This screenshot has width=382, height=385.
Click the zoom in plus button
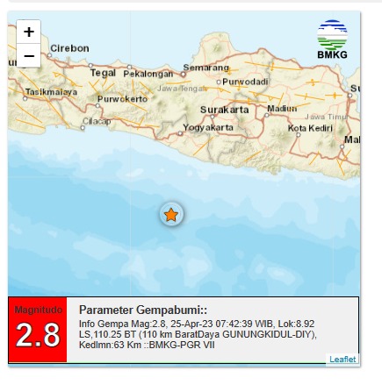[29, 32]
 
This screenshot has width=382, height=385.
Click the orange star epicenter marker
[171, 215]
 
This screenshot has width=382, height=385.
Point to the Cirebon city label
[69, 48]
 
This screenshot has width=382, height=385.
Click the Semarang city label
[206, 68]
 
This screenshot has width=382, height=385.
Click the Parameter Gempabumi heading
[143, 310]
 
